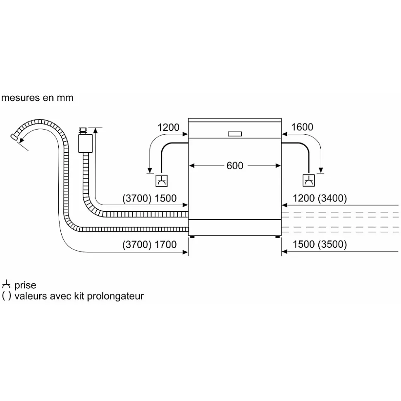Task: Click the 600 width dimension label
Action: click(235, 166)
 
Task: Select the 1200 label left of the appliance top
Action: click(169, 127)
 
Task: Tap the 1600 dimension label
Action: click(302, 127)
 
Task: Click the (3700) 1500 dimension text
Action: click(150, 199)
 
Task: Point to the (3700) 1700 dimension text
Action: click(150, 244)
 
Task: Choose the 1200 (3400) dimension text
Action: click(320, 199)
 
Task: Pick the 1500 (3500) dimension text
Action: click(320, 244)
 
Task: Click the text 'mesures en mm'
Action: click(38, 98)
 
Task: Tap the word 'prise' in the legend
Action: click(25, 285)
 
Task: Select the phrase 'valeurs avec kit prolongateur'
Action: click(79, 296)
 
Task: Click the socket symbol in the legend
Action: click(6, 285)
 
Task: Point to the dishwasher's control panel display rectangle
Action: click(235, 133)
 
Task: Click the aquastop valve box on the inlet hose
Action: click(84, 143)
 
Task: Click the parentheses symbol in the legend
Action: click(6, 296)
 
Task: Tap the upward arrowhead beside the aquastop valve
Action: click(96, 131)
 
